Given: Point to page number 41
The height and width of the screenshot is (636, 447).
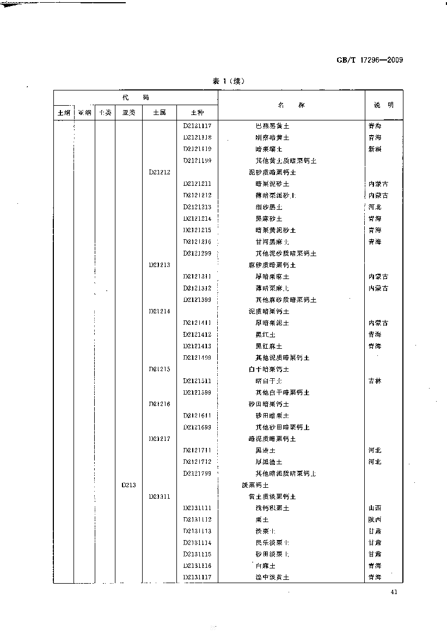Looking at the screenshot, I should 395,592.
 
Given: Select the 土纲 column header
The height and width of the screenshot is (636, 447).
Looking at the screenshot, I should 64,113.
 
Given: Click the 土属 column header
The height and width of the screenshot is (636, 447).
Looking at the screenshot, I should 160,113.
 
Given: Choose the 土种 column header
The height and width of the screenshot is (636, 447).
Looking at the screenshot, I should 197,113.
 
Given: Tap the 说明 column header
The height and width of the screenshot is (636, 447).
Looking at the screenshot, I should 383,105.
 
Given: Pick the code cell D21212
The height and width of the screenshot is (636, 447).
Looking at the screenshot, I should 160,172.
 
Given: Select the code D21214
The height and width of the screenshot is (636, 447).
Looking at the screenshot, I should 160,311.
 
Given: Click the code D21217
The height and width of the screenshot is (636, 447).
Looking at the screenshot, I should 160,439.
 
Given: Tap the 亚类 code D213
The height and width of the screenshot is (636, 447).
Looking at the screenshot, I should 128,485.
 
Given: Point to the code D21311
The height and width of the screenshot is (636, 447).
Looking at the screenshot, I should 160,496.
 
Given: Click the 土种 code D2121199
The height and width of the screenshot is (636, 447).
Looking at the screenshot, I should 197,161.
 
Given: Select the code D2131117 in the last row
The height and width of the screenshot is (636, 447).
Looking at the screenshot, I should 197,577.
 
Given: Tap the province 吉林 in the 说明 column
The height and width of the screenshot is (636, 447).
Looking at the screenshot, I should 375,381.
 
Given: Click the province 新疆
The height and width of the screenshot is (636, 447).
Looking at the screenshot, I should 375,149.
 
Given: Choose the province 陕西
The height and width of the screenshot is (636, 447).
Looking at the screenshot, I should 375,519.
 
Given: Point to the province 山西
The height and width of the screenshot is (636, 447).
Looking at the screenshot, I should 375,508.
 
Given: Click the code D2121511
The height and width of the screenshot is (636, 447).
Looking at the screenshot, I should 197,381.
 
